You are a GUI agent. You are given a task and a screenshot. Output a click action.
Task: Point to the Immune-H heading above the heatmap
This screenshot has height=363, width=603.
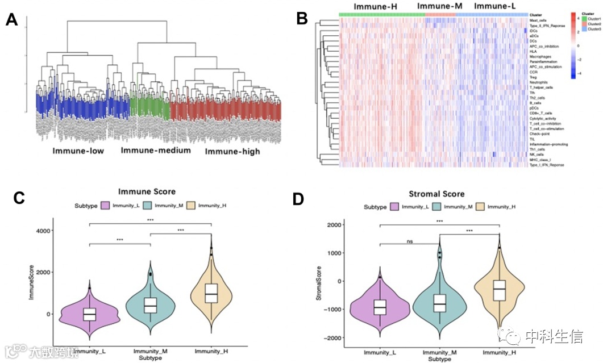[x=376, y=6]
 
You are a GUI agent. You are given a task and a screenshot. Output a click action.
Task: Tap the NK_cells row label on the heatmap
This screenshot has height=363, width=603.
[x=536, y=155]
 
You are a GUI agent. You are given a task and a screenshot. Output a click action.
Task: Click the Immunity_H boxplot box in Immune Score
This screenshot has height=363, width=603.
[x=211, y=293]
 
